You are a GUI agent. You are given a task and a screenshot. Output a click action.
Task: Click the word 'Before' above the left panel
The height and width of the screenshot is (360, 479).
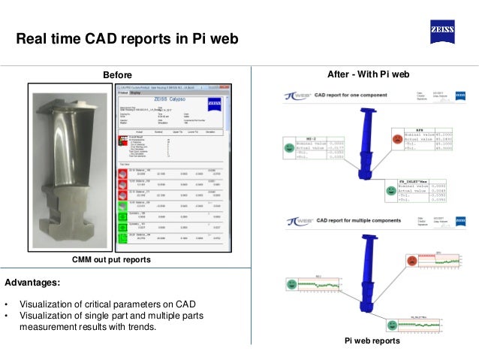[x=117, y=74]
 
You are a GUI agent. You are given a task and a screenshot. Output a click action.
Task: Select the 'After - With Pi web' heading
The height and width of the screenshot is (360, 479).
[x=369, y=74]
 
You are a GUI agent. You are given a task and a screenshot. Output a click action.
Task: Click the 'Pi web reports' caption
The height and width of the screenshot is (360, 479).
[x=370, y=341]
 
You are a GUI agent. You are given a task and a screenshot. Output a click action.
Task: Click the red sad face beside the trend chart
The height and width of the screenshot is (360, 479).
[x=411, y=260]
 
